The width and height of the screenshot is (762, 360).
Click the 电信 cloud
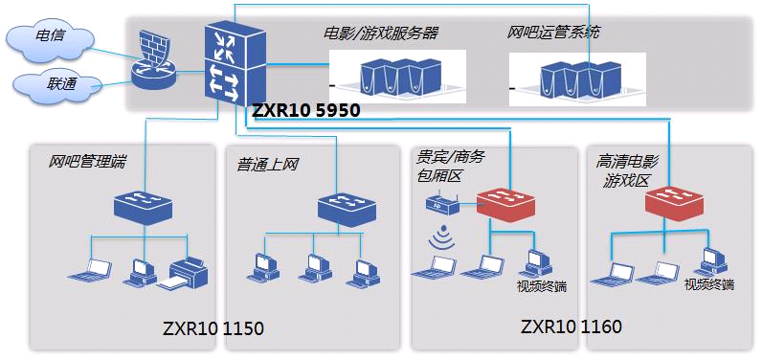coord(50,43)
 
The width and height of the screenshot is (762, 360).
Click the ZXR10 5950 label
coord(306,110)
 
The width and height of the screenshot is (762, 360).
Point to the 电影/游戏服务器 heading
coord(381,34)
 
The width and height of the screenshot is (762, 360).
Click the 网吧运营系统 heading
coord(552,34)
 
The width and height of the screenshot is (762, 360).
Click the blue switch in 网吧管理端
coord(144,206)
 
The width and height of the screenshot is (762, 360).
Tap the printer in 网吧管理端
coord(183,274)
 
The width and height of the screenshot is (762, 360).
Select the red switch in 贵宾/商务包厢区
coord(505,204)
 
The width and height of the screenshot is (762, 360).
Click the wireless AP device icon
coord(442,204)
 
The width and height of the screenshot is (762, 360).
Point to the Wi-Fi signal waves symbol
coord(441,236)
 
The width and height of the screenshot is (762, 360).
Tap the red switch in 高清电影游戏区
coord(674,204)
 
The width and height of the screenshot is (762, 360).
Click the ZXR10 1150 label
coord(213,329)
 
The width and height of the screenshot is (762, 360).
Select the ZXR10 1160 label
coord(571,326)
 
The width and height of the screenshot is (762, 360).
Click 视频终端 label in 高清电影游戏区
coord(708,284)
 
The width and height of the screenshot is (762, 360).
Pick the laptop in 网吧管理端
coord(91,271)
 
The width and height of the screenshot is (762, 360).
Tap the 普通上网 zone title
coord(267,165)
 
